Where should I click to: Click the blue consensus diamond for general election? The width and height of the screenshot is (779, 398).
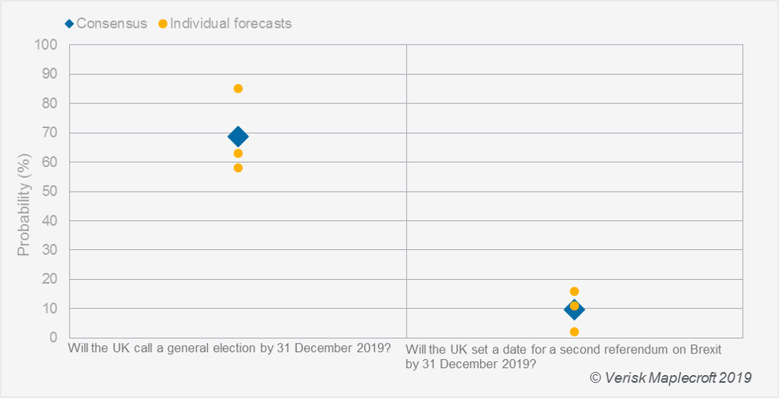point(238,137)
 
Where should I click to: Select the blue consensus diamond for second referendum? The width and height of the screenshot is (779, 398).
point(574,310)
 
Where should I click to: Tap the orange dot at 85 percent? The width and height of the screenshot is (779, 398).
point(238,88)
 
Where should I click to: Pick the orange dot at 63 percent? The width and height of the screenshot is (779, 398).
point(238,153)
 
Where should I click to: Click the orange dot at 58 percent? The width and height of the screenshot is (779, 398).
point(238,168)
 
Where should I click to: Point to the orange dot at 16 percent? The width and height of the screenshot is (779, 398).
point(574,291)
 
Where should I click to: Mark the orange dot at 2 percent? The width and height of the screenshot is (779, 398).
point(574,332)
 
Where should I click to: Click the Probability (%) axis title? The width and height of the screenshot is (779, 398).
point(24,191)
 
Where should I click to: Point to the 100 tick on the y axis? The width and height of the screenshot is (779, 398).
point(47,44)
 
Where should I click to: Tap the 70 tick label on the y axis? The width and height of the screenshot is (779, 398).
point(50,133)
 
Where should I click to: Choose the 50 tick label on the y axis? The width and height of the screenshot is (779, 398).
point(50,191)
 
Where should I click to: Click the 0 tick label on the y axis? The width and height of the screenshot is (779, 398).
point(54,337)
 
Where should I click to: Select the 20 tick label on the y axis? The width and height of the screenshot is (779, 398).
point(50,279)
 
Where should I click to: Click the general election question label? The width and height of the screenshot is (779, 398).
point(229,349)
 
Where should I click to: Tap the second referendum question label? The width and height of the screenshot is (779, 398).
point(564,357)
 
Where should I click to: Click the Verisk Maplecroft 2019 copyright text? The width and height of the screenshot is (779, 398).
point(670,378)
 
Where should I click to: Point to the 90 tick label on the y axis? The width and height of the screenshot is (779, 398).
point(50,74)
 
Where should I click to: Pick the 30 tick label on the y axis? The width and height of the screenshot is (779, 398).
point(50,250)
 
